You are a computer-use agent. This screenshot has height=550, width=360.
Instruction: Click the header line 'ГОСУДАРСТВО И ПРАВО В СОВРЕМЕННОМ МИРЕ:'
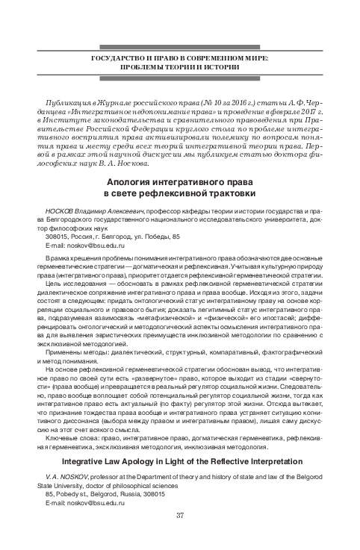coord(179,57)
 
